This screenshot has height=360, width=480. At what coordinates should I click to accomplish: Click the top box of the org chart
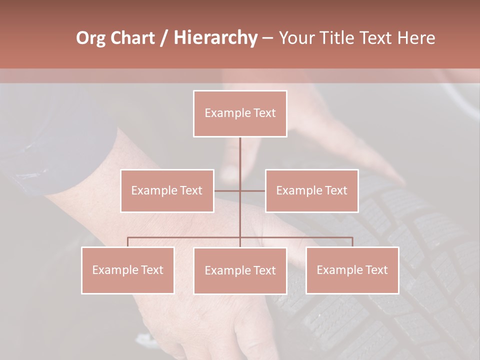click(x=240, y=113)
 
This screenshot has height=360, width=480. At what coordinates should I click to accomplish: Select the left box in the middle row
click(x=167, y=190)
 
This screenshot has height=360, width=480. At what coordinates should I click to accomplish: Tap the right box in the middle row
click(x=311, y=190)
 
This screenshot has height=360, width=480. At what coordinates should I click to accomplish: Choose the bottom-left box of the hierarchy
click(x=128, y=270)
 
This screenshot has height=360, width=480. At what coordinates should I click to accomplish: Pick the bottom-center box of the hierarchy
click(x=240, y=270)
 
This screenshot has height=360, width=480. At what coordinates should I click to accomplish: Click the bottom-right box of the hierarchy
click(x=352, y=270)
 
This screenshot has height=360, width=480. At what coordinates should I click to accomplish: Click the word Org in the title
click(x=90, y=38)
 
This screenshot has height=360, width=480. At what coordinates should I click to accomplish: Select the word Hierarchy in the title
click(x=215, y=38)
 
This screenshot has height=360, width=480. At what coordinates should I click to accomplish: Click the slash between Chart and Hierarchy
click(x=164, y=38)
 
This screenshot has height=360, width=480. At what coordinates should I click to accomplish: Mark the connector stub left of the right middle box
click(x=253, y=190)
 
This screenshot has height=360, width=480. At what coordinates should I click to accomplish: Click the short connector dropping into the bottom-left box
click(x=128, y=242)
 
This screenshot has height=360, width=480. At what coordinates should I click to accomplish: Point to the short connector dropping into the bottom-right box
click(x=352, y=242)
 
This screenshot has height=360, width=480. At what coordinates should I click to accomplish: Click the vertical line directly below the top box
click(x=240, y=155)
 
